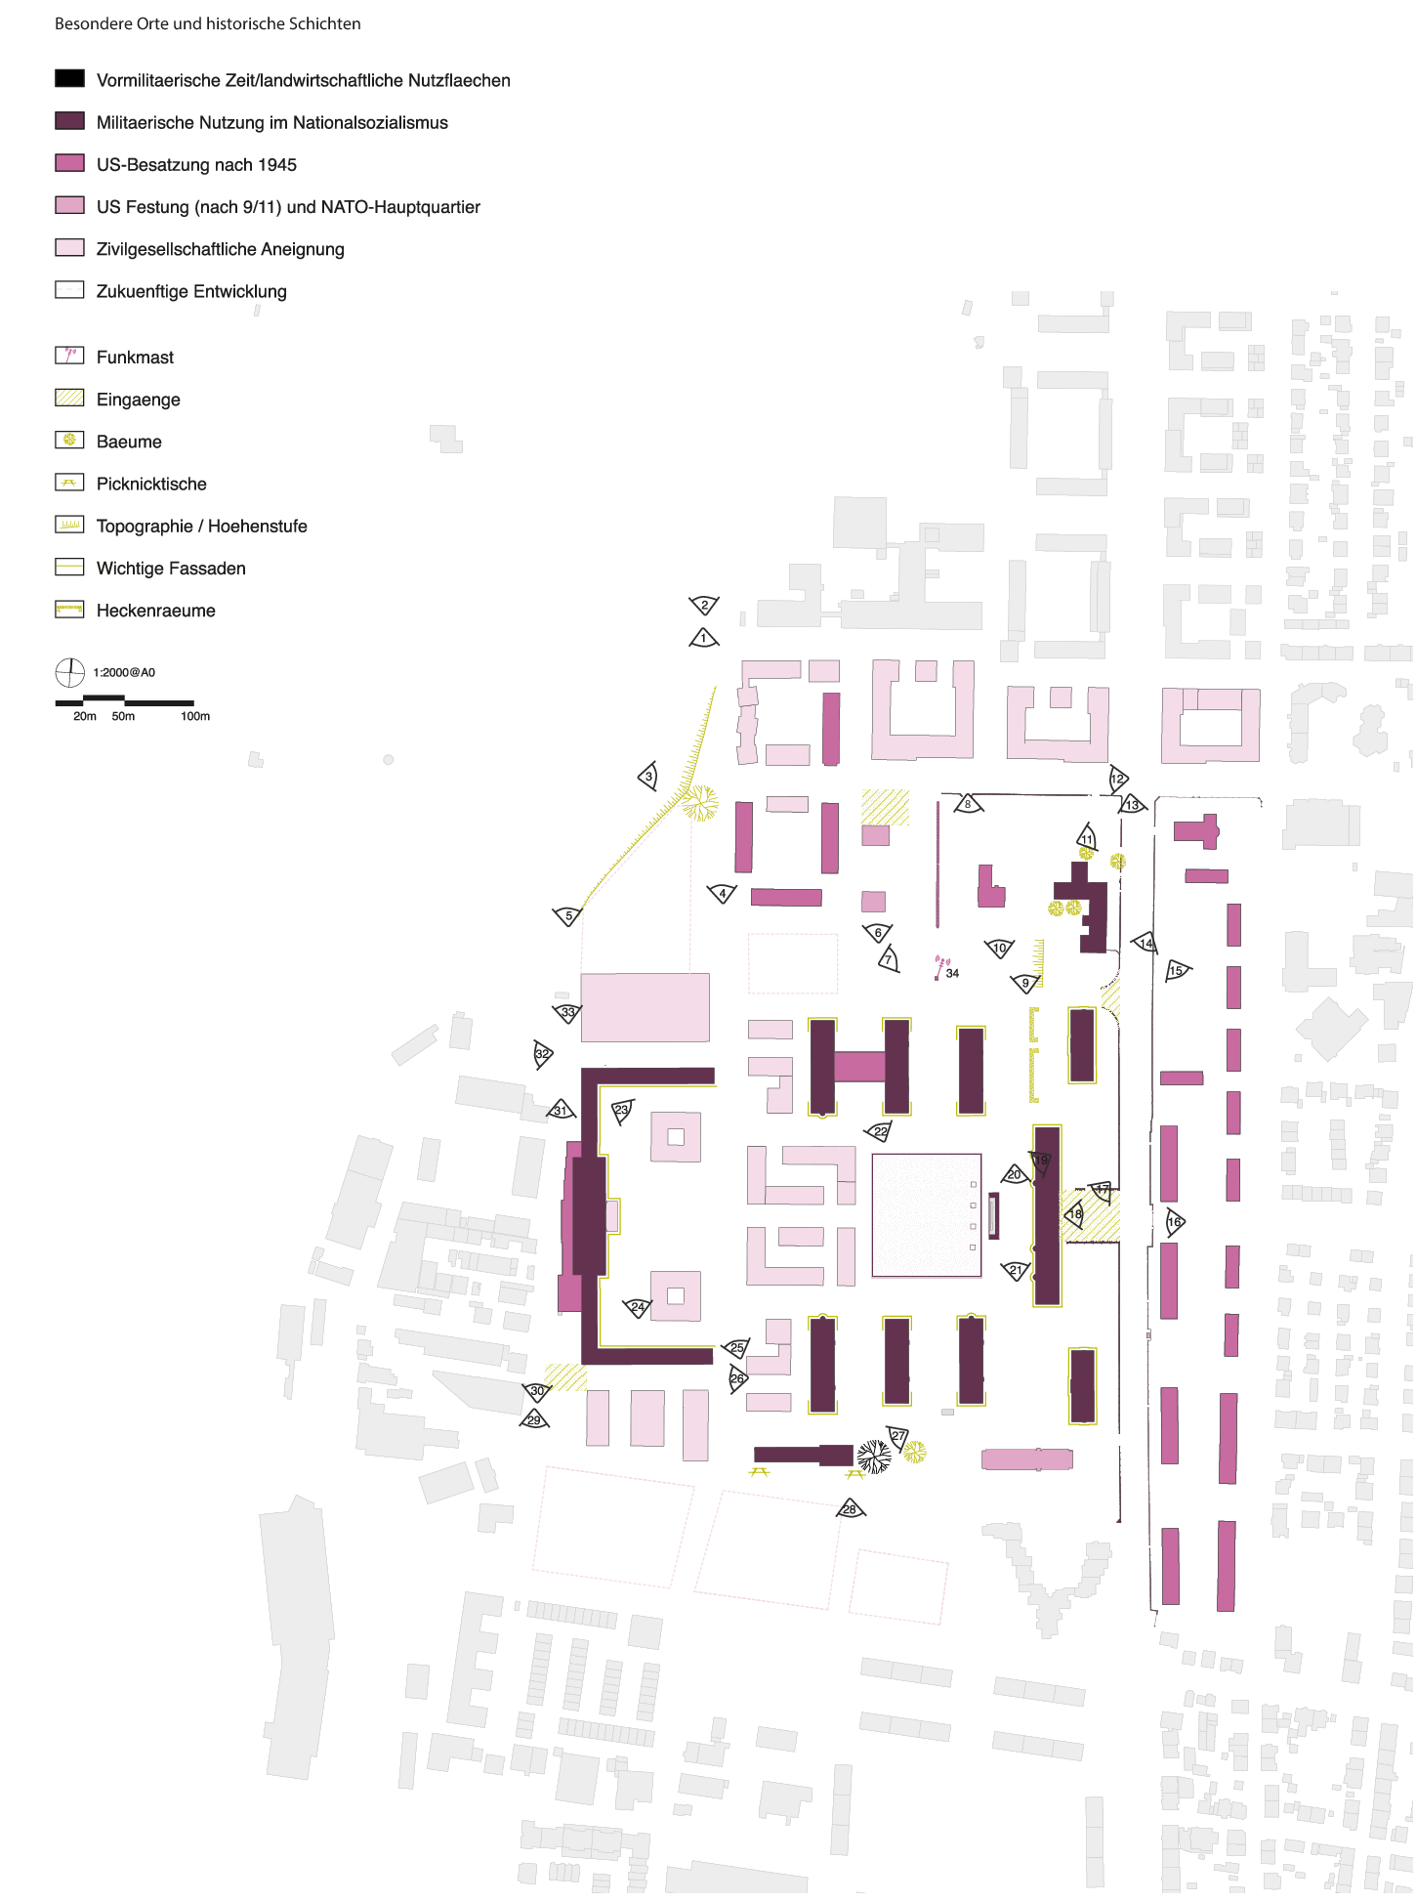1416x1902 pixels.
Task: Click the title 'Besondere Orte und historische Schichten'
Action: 207,23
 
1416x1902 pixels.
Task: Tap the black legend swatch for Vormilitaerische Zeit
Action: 69,78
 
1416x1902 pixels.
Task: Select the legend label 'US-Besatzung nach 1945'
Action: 196,164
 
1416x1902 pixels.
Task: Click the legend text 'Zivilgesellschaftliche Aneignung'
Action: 220,249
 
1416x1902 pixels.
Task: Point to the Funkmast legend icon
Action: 69,356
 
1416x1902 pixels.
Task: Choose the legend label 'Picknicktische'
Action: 151,484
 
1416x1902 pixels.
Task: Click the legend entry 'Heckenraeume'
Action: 155,611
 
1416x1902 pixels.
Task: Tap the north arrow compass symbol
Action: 69,672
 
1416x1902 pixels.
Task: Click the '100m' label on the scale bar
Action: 195,716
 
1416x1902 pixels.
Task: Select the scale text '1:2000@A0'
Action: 124,672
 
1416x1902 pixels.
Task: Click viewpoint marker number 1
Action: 703,639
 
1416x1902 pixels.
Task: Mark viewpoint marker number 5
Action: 568,916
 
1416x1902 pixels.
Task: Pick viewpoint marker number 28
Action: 850,1509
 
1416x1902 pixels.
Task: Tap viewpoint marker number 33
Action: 567,1012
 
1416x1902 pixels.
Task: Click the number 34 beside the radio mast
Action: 952,973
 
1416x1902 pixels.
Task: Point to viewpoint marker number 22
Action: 880,1131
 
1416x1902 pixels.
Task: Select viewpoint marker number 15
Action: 1177,970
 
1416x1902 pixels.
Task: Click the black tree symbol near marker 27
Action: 873,1457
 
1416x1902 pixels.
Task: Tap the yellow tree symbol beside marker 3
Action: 699,803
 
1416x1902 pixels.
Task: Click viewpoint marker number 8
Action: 968,804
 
